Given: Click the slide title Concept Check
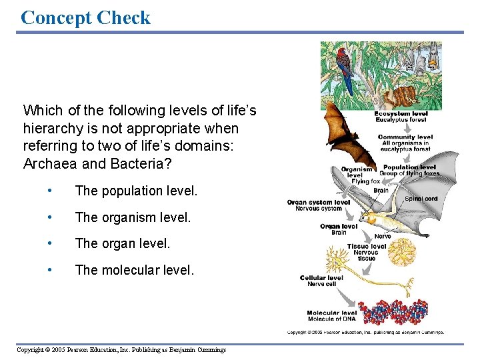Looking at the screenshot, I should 85,17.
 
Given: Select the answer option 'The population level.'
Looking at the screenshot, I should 136,191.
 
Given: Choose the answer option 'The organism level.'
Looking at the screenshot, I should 133,218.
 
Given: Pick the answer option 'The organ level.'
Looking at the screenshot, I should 123,244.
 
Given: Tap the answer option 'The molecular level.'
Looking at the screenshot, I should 135,270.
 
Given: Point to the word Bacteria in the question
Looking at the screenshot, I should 129,163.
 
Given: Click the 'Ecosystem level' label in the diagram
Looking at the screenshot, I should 401,114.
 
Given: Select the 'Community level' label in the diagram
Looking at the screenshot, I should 405,137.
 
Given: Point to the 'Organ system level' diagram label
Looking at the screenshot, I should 319,202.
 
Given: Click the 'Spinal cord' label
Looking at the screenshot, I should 421,198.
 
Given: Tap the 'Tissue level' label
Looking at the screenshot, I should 366,247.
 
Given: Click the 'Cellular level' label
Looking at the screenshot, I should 321,277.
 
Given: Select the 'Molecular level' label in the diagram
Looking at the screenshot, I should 332,313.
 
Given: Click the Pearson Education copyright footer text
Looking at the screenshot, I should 121,350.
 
